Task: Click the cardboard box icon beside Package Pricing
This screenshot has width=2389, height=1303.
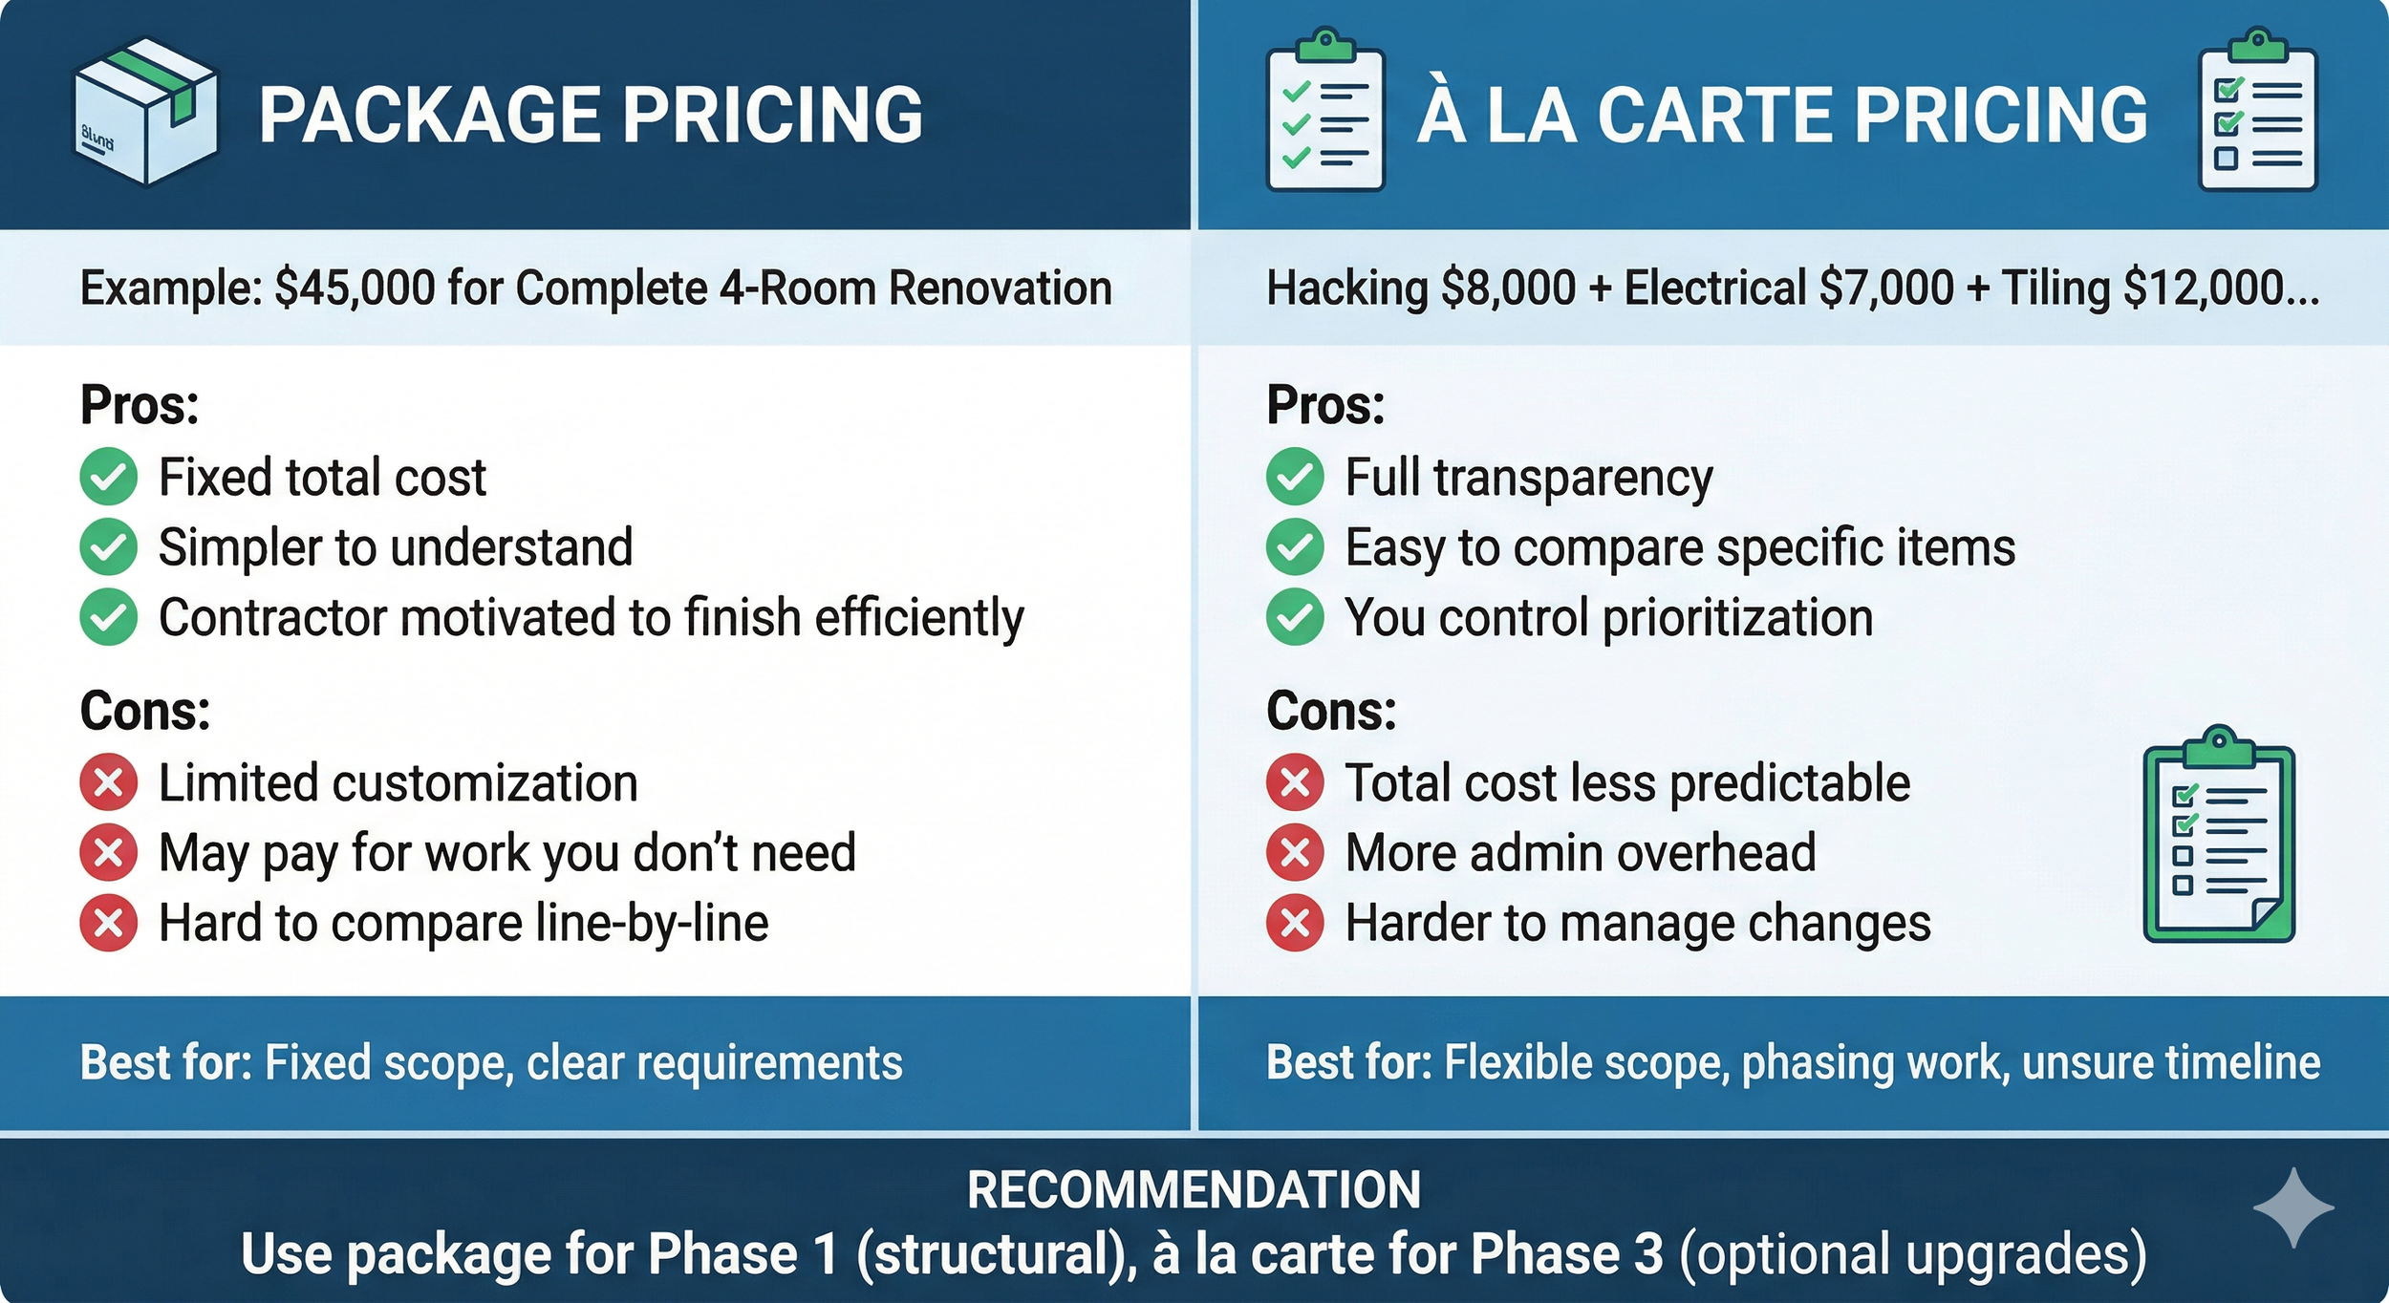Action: [x=146, y=112]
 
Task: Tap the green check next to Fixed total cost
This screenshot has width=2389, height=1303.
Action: [x=109, y=477]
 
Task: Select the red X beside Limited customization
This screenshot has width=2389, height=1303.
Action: [x=109, y=782]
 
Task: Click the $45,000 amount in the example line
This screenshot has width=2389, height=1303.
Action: [x=355, y=288]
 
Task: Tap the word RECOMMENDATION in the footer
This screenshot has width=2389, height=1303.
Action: [x=1194, y=1190]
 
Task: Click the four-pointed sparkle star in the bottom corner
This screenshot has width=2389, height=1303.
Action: [x=2292, y=1207]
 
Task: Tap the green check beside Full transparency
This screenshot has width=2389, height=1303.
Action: [x=1295, y=477]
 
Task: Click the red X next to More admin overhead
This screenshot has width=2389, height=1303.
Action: [x=1295, y=852]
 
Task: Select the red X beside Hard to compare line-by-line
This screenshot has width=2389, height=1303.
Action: [x=109, y=923]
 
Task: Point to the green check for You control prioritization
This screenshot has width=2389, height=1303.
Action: [x=1295, y=617]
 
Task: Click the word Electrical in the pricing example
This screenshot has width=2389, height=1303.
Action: [x=1715, y=288]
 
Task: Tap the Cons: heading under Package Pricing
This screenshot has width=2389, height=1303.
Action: [x=145, y=712]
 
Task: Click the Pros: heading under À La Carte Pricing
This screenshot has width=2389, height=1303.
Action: [x=1325, y=405]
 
